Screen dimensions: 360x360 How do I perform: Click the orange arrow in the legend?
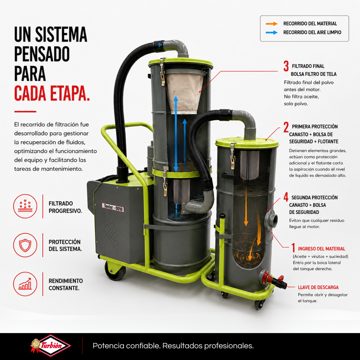tap(271, 24)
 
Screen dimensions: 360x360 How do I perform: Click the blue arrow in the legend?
tap(271, 32)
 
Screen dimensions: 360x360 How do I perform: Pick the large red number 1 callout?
tap(293, 247)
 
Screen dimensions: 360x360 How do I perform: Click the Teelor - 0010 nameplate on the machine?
tap(113, 207)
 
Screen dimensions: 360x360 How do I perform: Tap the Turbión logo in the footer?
tap(50, 346)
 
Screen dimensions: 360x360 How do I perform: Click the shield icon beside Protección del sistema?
tap(25, 245)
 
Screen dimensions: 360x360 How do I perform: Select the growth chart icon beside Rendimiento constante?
tap(25, 284)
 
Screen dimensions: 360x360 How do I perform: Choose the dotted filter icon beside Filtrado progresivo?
tap(25, 206)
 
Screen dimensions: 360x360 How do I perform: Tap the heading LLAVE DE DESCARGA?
tap(318, 287)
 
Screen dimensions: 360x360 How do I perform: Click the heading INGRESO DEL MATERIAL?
tap(322, 249)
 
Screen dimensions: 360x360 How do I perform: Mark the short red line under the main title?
tap(25, 112)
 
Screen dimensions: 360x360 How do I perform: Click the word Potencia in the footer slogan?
tap(108, 346)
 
